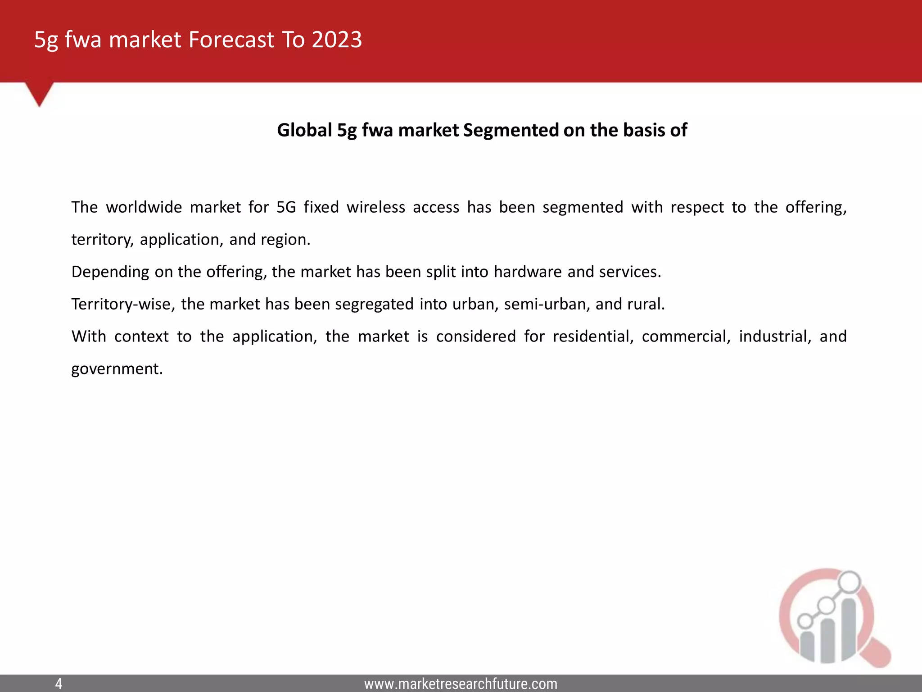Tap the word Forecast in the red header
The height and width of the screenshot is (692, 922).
click(x=231, y=40)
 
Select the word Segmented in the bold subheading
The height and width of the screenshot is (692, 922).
click(x=511, y=130)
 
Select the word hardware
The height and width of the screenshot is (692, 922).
click(x=528, y=272)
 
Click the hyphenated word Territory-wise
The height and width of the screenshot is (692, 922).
click(x=123, y=304)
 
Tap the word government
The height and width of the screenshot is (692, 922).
click(x=117, y=369)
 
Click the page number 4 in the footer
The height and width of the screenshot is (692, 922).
click(x=59, y=684)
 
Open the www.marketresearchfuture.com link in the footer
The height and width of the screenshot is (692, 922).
click(x=461, y=684)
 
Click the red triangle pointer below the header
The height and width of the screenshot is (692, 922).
click(x=39, y=93)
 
